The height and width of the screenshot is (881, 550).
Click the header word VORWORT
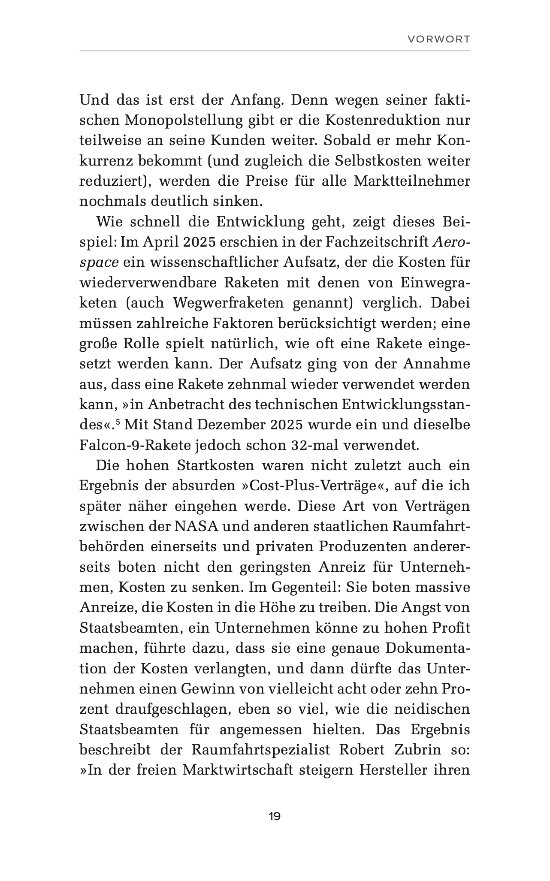pos(438,39)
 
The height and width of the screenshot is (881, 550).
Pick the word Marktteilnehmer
pos(412,181)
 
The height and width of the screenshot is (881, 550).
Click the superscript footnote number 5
pos(118,422)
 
